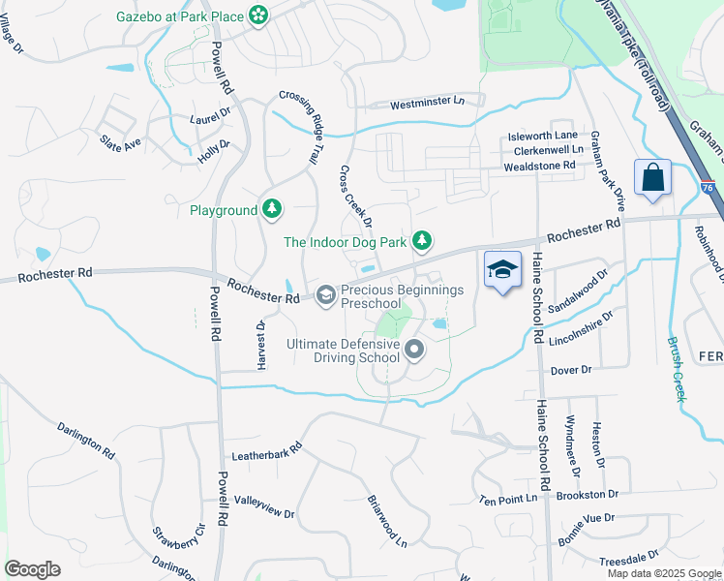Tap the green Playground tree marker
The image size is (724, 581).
pyautogui.click(x=273, y=209)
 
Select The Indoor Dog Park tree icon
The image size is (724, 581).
pyautogui.click(x=421, y=240)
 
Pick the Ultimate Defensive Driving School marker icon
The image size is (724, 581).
pyautogui.click(x=414, y=350)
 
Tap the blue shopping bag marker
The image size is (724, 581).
pyautogui.click(x=652, y=178)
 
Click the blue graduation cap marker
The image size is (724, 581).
pyautogui.click(x=502, y=270)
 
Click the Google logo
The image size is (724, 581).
pyautogui.click(x=32, y=569)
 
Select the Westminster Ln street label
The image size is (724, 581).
pyautogui.click(x=427, y=102)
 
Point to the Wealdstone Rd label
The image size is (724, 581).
pyautogui.click(x=539, y=166)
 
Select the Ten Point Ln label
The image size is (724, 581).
pyautogui.click(x=507, y=499)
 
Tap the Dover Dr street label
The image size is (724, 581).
pyautogui.click(x=569, y=370)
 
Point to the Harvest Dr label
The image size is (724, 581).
pyautogui.click(x=260, y=345)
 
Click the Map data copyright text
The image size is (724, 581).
pyautogui.click(x=663, y=573)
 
